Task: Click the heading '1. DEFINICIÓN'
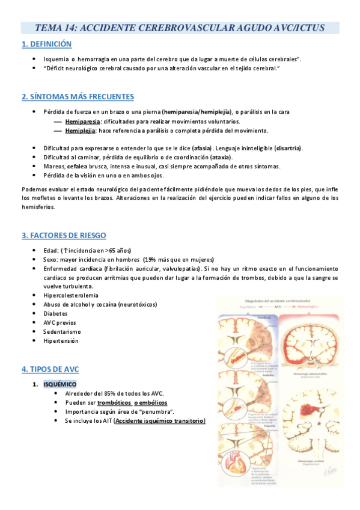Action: (x=46, y=44)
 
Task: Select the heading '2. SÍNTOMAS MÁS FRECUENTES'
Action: (x=78, y=97)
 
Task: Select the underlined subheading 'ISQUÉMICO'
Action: (x=60, y=384)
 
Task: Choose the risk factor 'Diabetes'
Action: (x=56, y=313)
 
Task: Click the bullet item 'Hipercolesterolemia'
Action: (x=71, y=295)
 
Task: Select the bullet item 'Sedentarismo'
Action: (x=62, y=331)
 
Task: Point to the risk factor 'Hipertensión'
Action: (x=61, y=340)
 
